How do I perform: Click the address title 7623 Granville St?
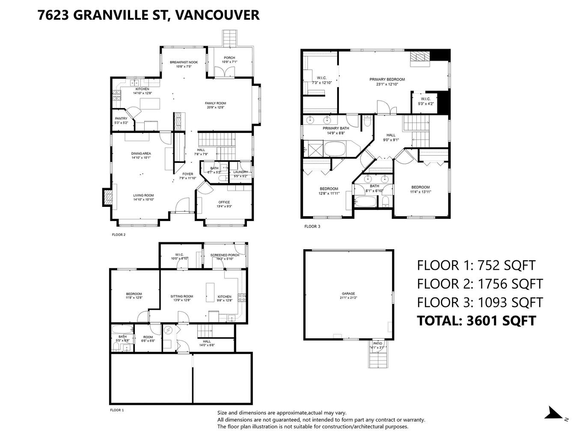click(148, 15)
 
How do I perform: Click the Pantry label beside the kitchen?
click(121, 121)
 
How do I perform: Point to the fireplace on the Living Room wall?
click(108, 197)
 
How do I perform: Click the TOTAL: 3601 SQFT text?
click(476, 320)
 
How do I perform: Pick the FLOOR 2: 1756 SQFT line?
click(480, 284)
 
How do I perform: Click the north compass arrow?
click(555, 413)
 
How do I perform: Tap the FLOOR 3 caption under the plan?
click(312, 227)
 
